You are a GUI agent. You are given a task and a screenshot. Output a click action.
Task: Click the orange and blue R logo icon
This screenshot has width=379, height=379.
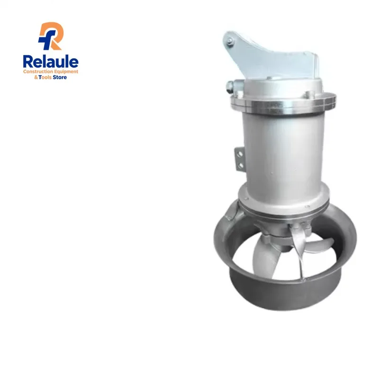tap(50, 36)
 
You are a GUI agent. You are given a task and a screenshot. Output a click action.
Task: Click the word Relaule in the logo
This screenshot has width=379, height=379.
tap(51, 62)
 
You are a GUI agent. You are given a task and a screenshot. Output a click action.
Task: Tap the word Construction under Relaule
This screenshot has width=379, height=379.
tap(38, 72)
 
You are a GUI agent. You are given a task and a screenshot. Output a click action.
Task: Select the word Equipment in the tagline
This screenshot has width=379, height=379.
tap(66, 72)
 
